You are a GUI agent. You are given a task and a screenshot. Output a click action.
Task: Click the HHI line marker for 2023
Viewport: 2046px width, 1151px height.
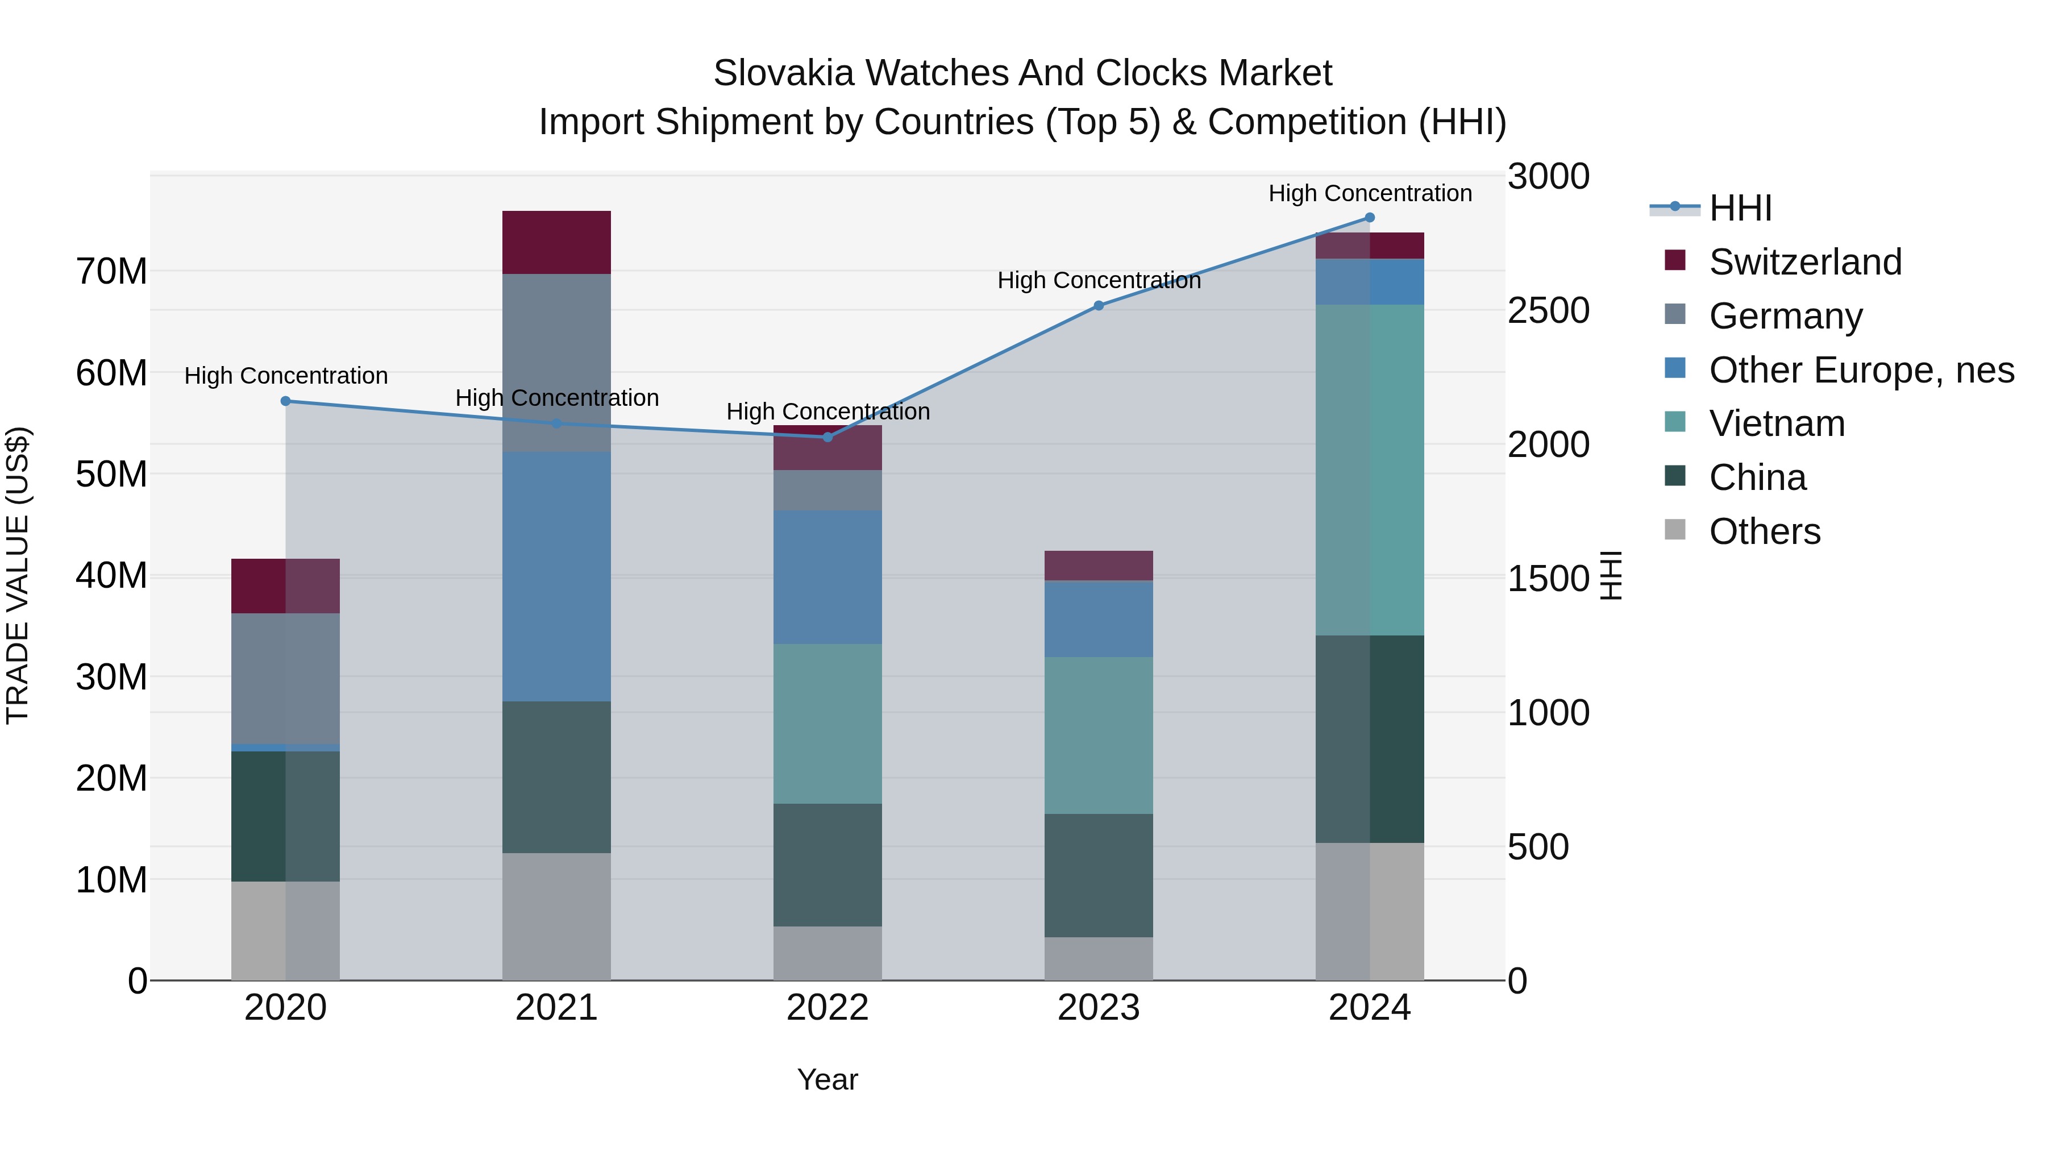[1099, 306]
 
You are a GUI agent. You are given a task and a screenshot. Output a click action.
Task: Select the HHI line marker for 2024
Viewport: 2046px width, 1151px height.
[1369, 218]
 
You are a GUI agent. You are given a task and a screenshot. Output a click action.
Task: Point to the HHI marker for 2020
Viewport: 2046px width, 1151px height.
[286, 401]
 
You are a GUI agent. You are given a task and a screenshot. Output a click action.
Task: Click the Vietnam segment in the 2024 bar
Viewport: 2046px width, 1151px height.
[1369, 469]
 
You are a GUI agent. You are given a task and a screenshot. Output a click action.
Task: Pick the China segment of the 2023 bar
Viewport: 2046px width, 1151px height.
[1099, 875]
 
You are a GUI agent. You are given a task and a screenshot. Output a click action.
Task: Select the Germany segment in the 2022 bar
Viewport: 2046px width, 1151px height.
[827, 490]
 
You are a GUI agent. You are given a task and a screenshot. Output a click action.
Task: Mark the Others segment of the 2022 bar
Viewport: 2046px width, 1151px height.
[827, 953]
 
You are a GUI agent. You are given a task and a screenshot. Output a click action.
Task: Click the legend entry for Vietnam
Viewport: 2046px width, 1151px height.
[1777, 423]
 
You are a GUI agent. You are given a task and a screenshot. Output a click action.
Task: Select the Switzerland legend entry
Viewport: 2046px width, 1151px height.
[1804, 262]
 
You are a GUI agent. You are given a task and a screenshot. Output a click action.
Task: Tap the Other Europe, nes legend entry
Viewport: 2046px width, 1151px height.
[1861, 370]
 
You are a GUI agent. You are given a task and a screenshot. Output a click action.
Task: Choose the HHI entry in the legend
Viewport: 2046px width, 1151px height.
[1740, 208]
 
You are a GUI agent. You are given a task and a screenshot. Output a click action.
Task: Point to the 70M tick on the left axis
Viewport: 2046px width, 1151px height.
[111, 272]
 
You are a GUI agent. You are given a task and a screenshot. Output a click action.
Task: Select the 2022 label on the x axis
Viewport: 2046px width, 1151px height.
[827, 1008]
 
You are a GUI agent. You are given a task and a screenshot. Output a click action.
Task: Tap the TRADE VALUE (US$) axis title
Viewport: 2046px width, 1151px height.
[18, 575]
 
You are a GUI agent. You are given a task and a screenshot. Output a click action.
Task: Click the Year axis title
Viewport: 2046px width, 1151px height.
[827, 1079]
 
